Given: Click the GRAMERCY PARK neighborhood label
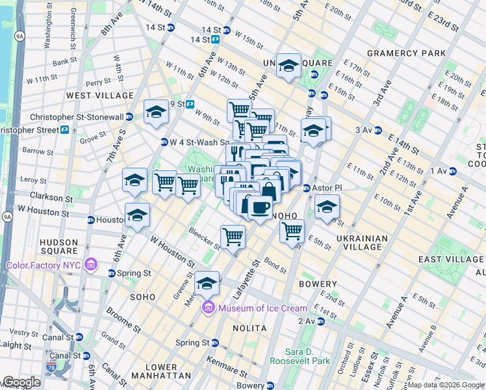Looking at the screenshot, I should click(406, 53).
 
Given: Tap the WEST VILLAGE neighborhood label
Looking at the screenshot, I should click(100, 96).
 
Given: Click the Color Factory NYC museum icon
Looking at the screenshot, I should click(91, 265).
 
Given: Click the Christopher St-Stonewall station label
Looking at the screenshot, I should click(77, 117).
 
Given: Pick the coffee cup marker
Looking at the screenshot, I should click(260, 207).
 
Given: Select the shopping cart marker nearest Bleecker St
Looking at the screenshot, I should click(233, 237).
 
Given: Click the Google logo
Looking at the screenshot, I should click(22, 382).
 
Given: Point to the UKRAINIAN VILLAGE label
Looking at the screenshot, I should click(363, 242).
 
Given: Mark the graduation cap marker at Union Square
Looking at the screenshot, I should click(288, 66).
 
